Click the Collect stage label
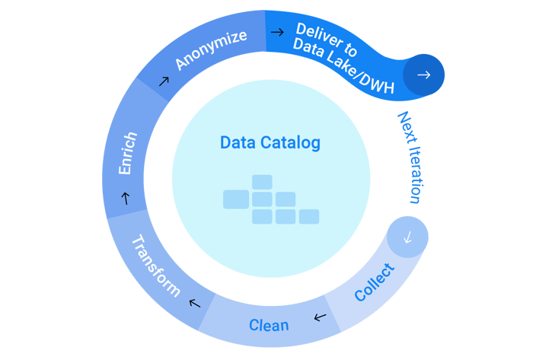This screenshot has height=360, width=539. coord(375,282)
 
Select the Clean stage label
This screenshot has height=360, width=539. coord(269,325)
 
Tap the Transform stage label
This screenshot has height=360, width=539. coord(156,266)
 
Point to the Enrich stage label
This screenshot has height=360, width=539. coord(127,154)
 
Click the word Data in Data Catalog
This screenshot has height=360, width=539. coord(237,142)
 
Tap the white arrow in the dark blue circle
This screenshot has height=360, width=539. coord(424,75)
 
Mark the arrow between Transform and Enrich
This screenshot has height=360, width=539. coord(125,199)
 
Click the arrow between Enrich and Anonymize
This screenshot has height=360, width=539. coord(163,78)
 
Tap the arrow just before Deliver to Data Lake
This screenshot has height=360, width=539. coord(278,31)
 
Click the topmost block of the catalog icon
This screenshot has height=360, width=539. coord(262,182)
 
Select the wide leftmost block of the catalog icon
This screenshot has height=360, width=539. coord(236,199)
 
